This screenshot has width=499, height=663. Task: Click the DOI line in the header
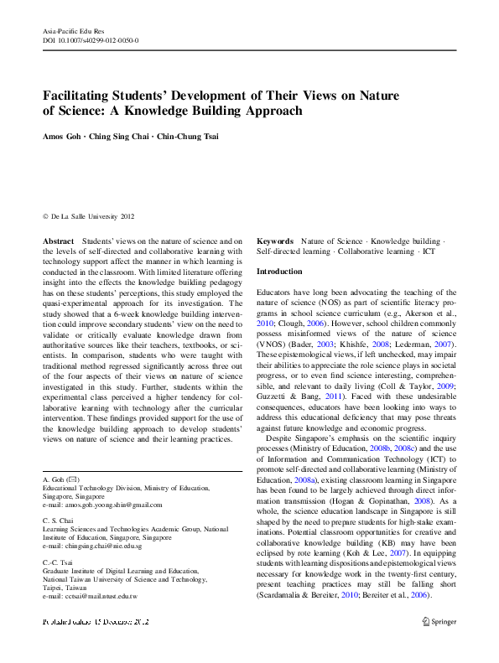[91, 40]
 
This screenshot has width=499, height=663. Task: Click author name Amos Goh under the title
[61, 136]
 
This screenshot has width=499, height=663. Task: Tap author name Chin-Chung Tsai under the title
[192, 136]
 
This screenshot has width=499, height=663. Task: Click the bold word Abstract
[59, 241]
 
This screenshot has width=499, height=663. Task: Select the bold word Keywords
[275, 241]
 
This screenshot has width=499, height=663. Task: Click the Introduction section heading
[279, 272]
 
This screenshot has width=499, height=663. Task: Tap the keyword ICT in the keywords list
[429, 251]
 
